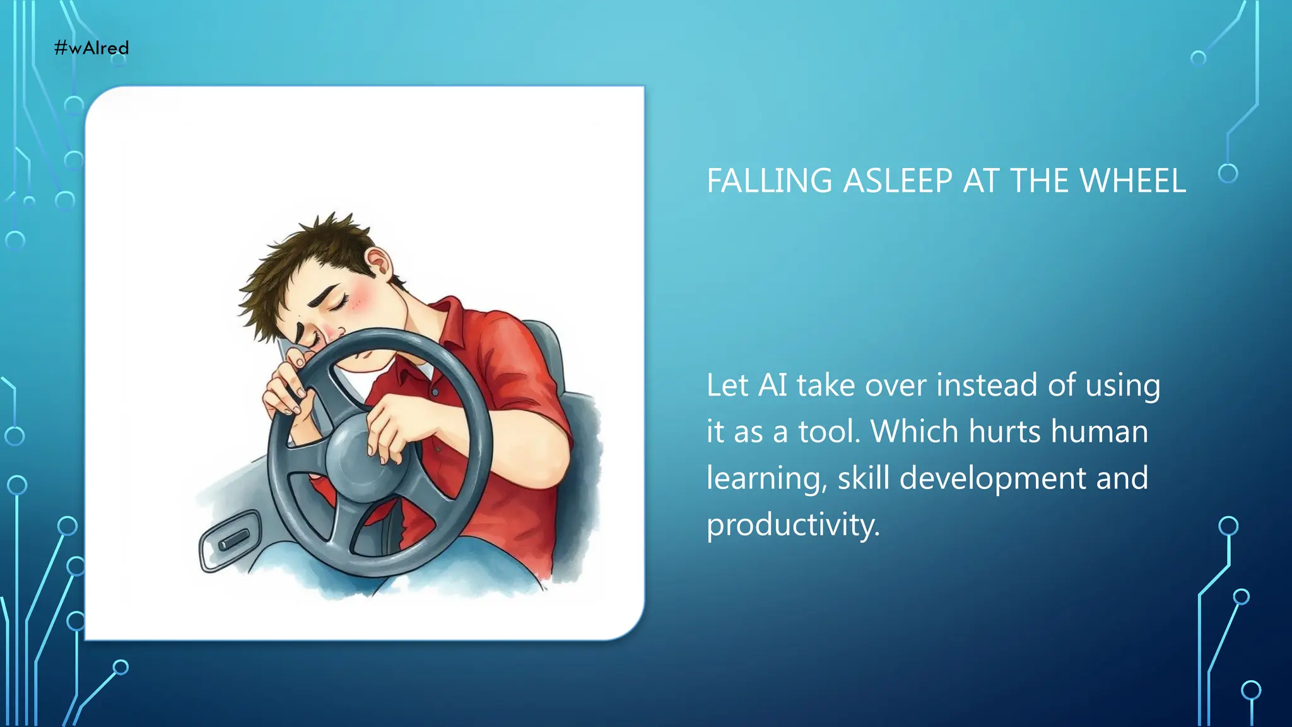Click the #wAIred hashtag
click(91, 48)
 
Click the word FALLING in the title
click(769, 181)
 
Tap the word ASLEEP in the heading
click(898, 181)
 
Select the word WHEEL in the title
click(1132, 181)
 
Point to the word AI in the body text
click(772, 385)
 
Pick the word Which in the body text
click(914, 432)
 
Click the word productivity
click(792, 525)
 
